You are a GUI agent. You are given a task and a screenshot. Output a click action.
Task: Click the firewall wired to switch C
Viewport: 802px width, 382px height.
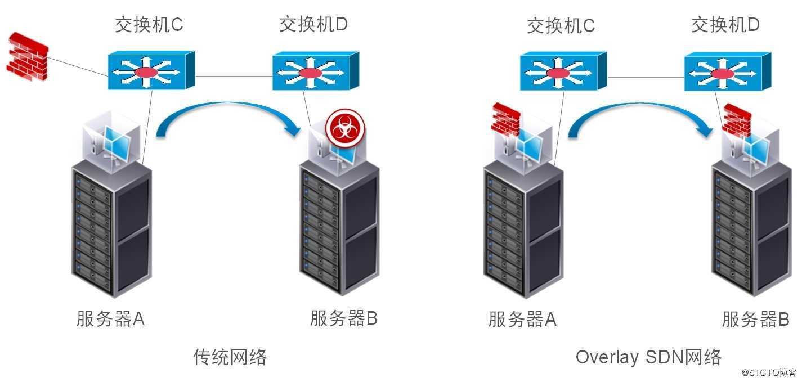[28, 57]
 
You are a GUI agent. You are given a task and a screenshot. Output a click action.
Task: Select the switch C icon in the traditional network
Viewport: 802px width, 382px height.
[151, 70]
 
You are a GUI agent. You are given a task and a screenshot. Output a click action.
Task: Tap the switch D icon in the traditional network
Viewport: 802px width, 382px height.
[316, 71]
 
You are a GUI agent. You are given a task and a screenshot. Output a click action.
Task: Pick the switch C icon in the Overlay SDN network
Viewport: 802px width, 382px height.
[563, 71]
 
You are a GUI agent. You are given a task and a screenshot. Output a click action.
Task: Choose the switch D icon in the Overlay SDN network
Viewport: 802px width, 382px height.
[728, 71]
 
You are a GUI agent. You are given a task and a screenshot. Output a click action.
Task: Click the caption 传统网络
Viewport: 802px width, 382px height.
[230, 357]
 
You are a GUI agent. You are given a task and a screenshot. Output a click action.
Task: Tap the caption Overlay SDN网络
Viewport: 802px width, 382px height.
[648, 357]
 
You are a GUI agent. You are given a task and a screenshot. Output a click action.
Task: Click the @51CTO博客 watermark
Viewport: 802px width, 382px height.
[769, 372]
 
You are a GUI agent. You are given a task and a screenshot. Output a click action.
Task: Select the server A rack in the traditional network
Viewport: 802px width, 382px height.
[111, 229]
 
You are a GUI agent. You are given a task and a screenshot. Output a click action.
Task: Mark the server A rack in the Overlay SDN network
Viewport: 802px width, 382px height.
[523, 229]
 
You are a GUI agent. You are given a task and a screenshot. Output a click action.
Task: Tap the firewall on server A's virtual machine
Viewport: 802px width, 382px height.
[505, 119]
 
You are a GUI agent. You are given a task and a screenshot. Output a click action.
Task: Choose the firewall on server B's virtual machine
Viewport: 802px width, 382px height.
[736, 120]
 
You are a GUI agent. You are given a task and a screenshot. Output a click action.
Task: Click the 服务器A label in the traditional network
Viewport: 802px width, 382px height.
[110, 318]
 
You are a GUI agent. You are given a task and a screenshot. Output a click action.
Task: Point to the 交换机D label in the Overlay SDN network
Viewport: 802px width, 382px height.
[725, 25]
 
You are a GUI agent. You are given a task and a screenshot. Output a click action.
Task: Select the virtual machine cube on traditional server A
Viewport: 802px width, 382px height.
[111, 141]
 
